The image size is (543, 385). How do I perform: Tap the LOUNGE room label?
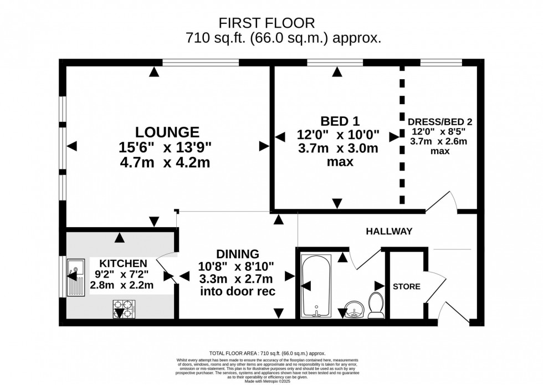tap(167, 132)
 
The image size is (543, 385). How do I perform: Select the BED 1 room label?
tap(337, 121)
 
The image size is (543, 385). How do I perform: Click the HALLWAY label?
tap(388, 232)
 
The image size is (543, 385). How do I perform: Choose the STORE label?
tap(406, 286)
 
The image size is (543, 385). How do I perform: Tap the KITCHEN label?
tap(123, 263)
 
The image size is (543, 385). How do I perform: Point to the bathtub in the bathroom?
tap(316, 286)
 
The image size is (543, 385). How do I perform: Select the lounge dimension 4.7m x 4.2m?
tap(167, 163)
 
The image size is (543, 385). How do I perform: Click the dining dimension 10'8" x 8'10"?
tap(237, 266)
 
